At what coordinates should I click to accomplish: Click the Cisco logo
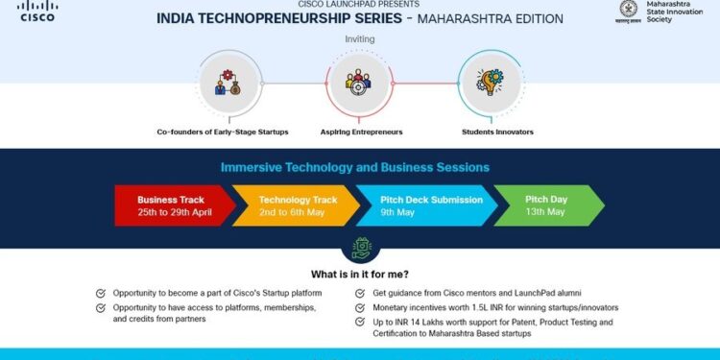pos(37,12)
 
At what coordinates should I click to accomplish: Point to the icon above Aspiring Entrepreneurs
pos(360,83)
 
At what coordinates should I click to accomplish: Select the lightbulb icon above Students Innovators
pos(492,83)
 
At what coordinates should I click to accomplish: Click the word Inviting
pos(360,39)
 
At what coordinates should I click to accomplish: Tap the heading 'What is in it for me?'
pos(360,273)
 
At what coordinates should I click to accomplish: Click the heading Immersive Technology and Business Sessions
pos(355,167)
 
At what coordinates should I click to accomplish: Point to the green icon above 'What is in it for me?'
pos(360,248)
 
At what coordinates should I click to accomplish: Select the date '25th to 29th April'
pos(174,212)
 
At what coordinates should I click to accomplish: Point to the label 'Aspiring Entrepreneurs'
pos(361,132)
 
